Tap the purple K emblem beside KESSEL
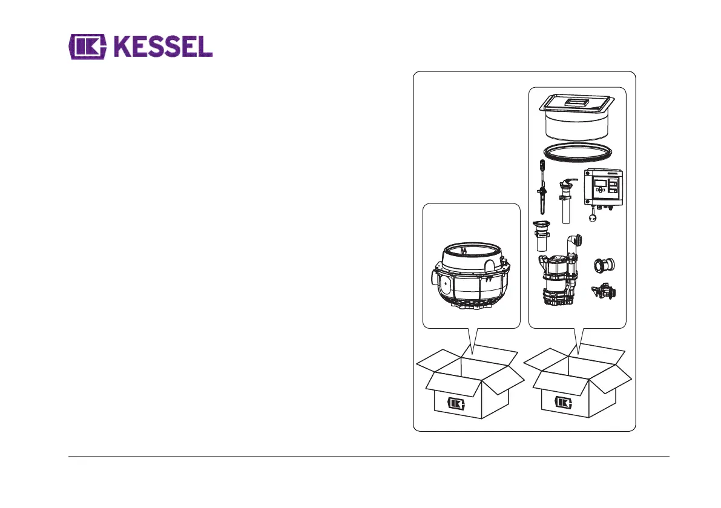pos(88,46)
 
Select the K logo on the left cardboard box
pos(456,403)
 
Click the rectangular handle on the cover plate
pos(576,104)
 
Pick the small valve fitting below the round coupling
pos(605,292)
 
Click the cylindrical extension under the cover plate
pos(577,127)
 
